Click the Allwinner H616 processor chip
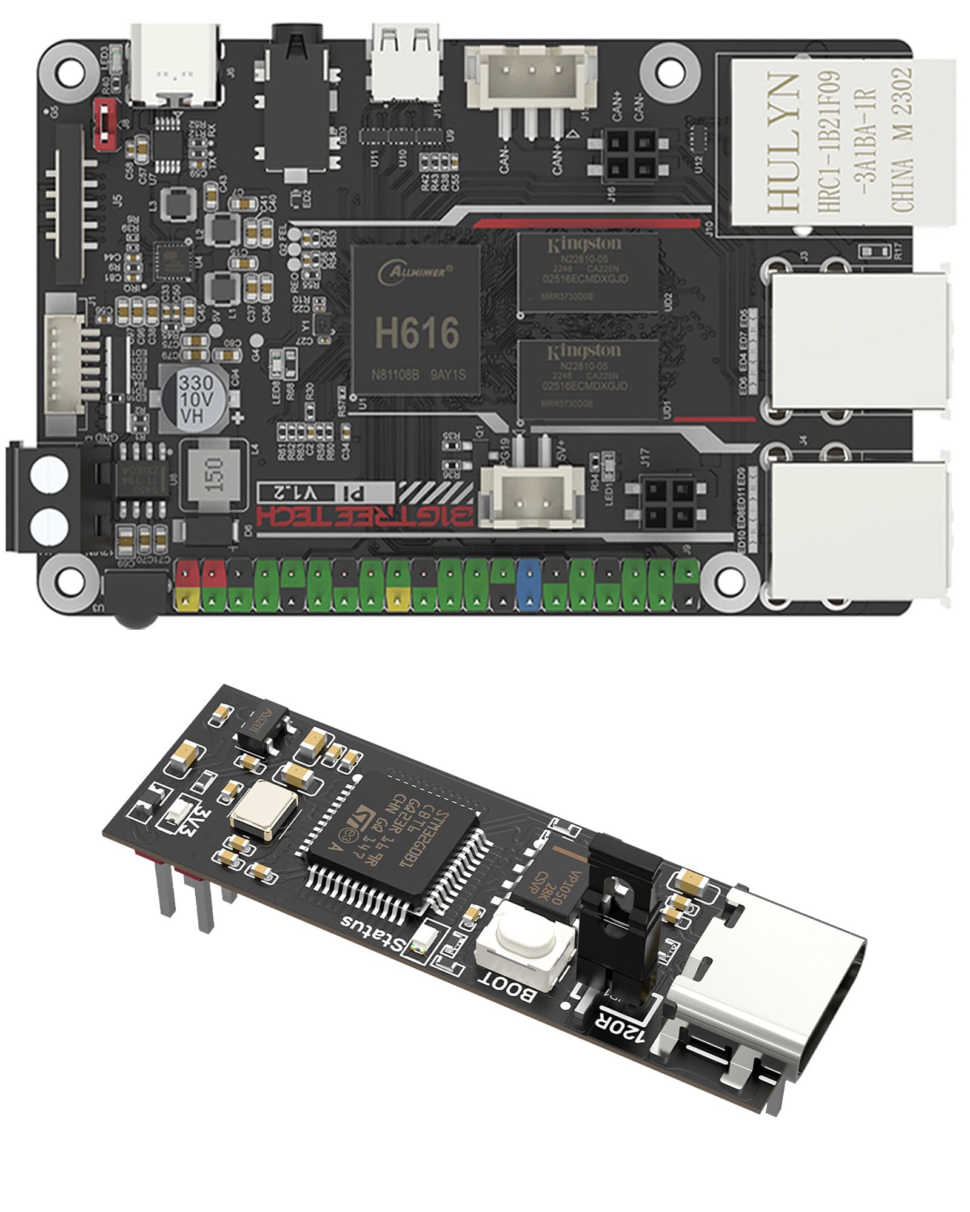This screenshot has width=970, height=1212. tap(417, 319)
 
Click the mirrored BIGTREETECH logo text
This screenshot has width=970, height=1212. tap(364, 516)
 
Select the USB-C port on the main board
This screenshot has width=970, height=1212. tap(176, 64)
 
